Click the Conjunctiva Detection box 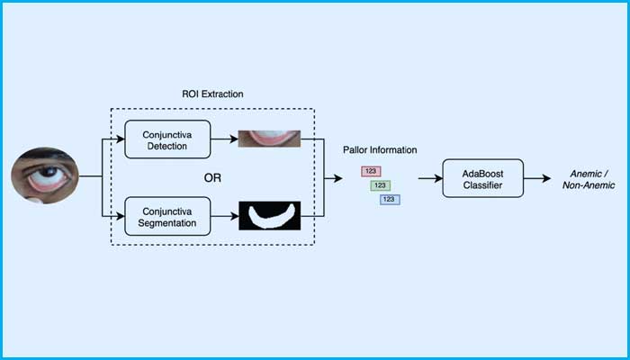[x=167, y=139]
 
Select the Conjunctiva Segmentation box [x=167, y=216]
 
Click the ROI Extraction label [x=211, y=94]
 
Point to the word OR [x=212, y=177]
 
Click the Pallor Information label [x=380, y=150]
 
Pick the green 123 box [x=380, y=185]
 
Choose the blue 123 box [x=390, y=199]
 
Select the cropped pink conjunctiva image [x=268, y=139]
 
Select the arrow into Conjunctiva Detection [x=115, y=139]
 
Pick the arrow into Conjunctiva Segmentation [x=115, y=216]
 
